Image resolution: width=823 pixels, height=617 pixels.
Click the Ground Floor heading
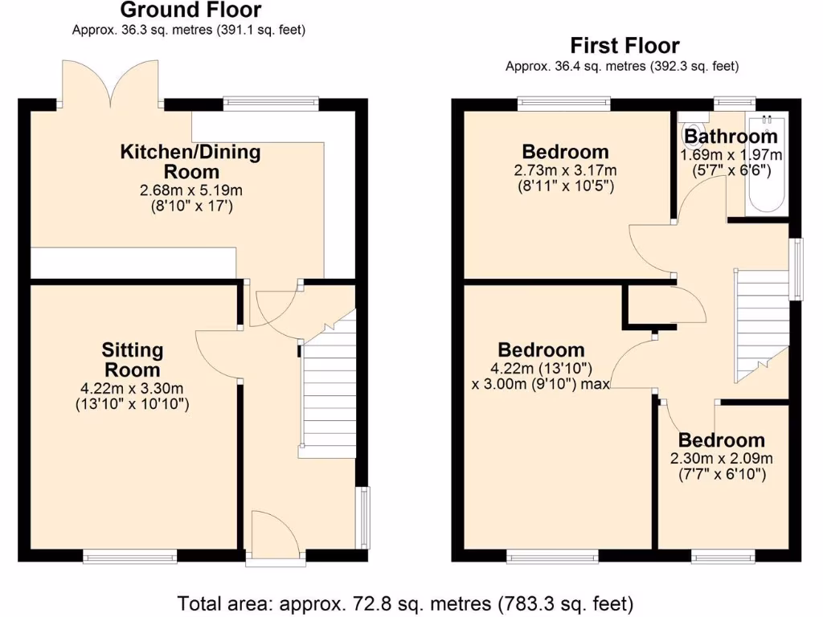coord(190,10)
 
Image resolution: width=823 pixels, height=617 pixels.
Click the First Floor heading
coord(624,46)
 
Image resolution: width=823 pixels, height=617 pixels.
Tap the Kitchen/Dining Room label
coord(190,161)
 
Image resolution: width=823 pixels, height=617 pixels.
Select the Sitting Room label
coord(133,360)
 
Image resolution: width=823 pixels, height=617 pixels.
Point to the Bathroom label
coord(731,137)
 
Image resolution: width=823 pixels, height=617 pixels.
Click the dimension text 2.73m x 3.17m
coord(565,170)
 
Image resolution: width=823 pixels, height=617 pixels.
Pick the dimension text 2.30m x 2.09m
coord(721,459)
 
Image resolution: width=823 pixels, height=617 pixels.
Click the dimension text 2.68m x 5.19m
coord(190,190)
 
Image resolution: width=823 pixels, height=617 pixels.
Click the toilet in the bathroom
coord(692,133)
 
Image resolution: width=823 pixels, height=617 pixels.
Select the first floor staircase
coord(760,321)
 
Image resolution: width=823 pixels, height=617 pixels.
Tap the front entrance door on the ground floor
coord(275,534)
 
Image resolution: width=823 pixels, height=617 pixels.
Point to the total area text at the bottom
coord(405,603)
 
